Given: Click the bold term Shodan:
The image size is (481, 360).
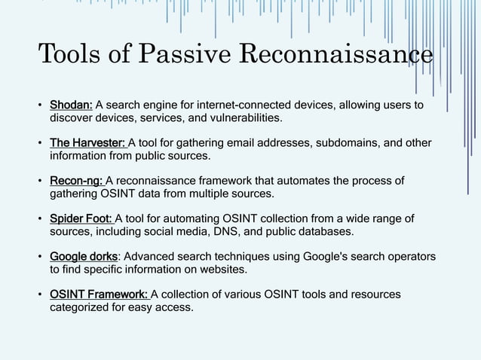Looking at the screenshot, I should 71,105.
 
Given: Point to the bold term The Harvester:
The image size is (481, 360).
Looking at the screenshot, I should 88,143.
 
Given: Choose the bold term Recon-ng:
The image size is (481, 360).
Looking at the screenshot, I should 76,182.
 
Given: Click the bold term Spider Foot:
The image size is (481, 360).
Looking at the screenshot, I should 81,219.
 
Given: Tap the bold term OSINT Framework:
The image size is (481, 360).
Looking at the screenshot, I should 99,294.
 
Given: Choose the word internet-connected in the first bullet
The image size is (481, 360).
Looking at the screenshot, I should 234,105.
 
